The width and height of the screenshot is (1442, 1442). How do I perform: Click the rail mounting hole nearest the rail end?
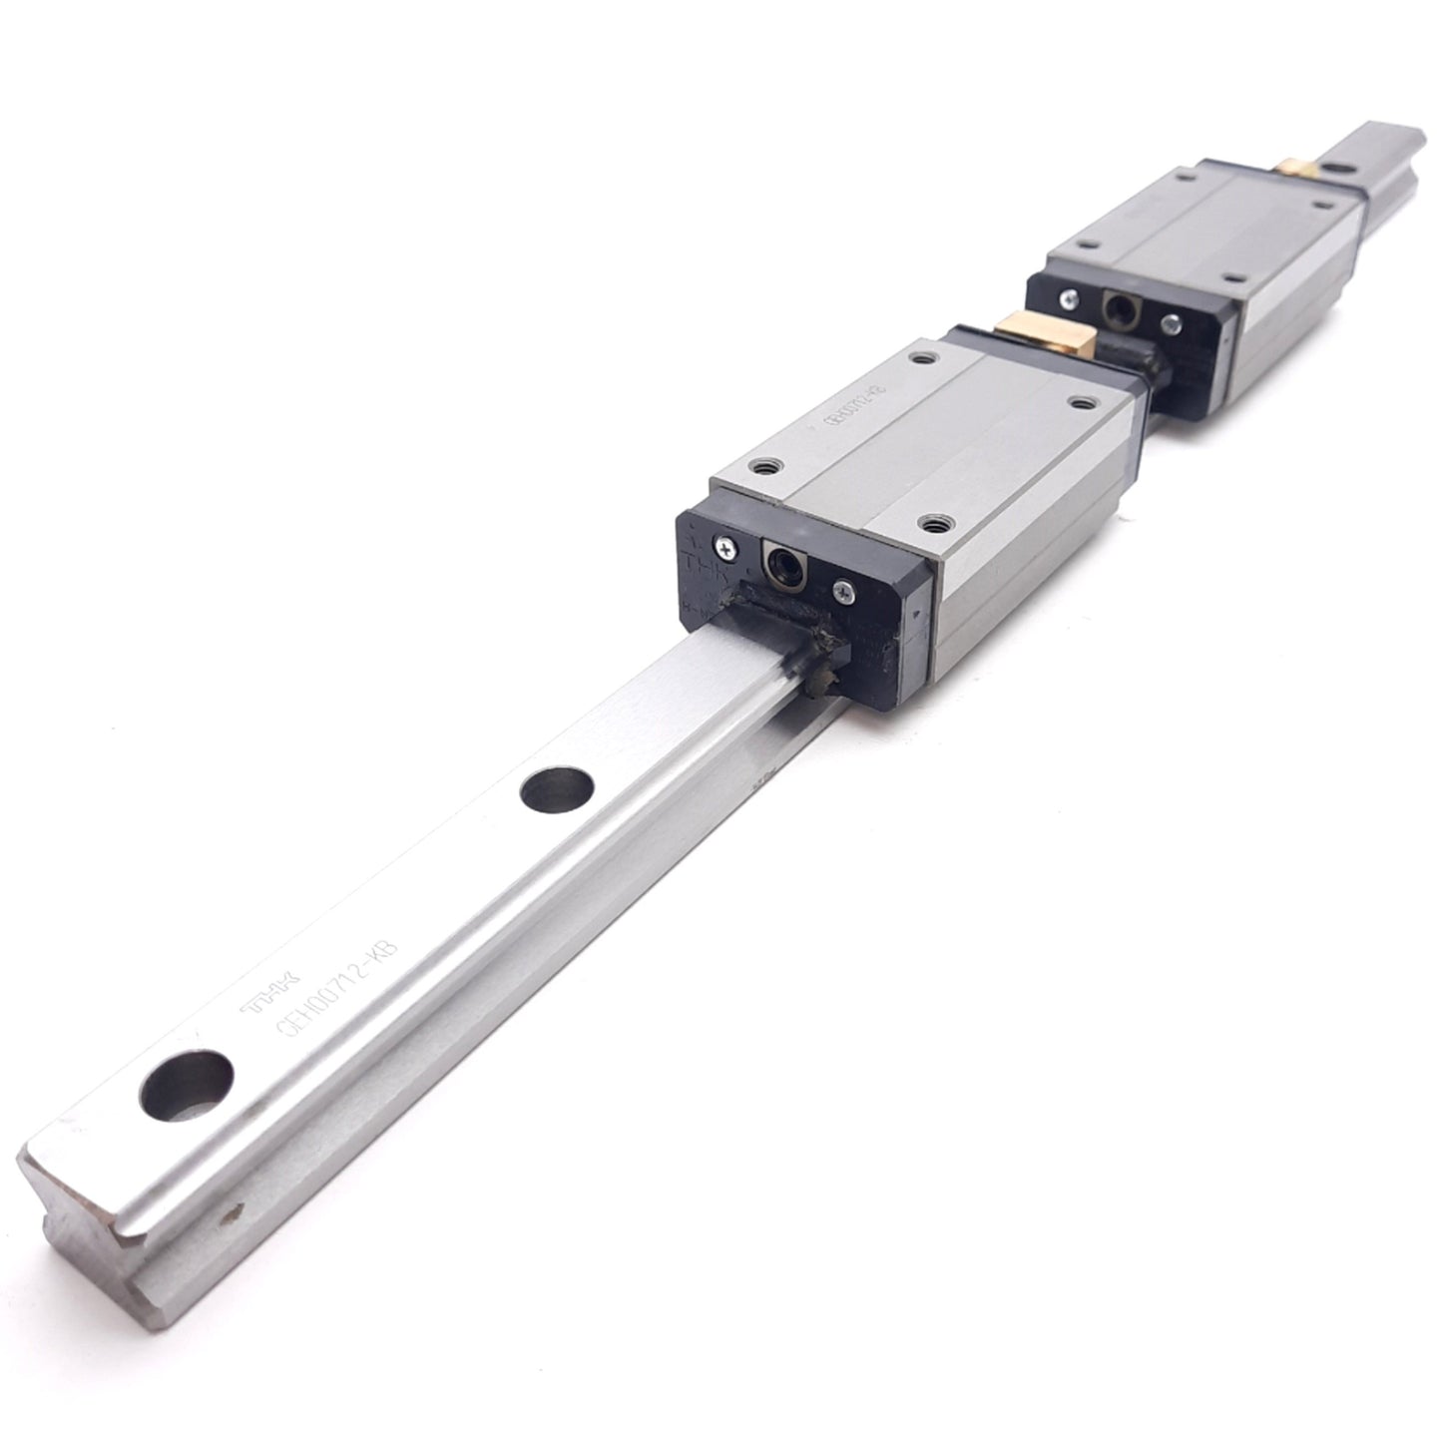188,1085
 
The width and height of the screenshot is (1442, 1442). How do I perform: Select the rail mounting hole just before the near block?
557,788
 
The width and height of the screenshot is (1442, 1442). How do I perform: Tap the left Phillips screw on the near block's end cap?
723,544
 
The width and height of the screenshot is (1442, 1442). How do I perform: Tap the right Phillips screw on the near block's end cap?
843,592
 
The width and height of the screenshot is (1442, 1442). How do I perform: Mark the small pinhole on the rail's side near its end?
237,1213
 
